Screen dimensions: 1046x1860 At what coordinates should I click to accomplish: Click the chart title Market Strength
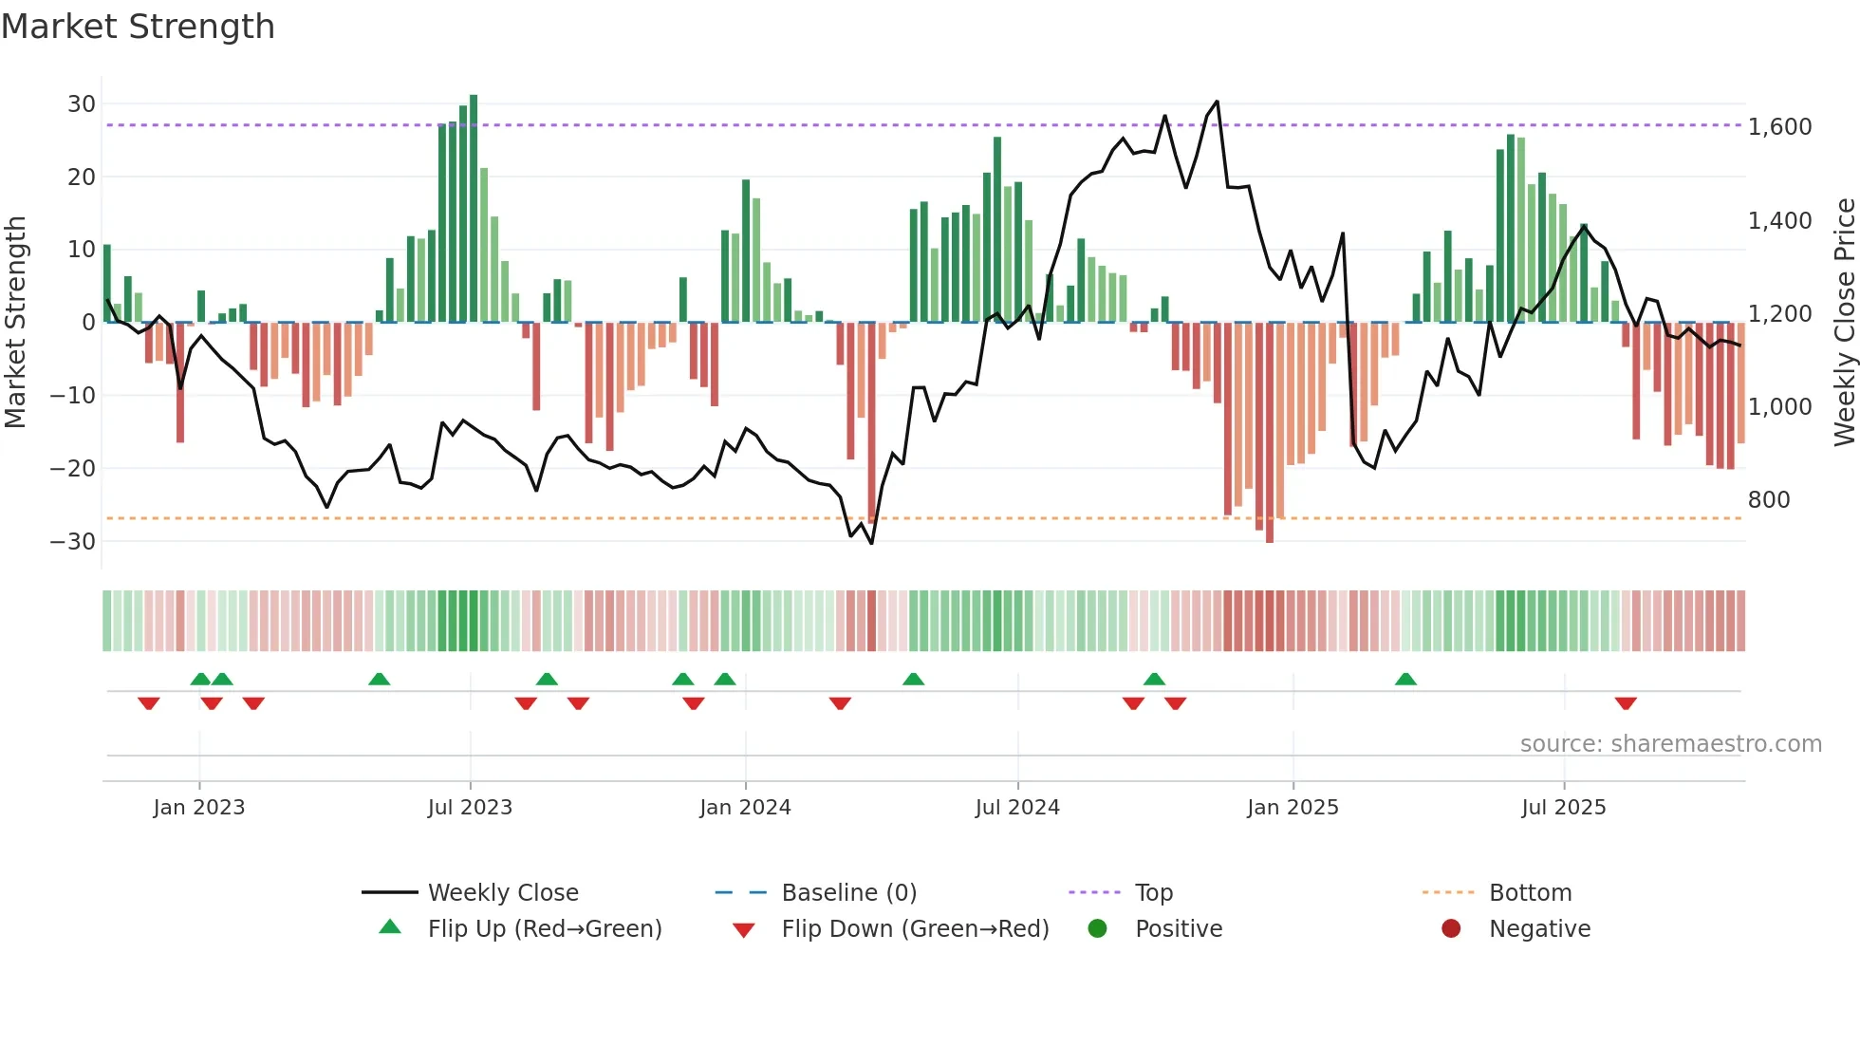(x=138, y=27)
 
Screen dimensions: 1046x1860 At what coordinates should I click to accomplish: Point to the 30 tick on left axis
(x=82, y=104)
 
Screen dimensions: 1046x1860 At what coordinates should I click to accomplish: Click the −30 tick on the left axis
(x=73, y=542)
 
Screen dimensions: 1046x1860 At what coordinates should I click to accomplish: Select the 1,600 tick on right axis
(x=1779, y=127)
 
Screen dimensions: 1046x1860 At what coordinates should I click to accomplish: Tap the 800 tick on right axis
(x=1769, y=500)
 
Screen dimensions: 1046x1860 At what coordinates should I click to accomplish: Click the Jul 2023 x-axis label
(x=470, y=808)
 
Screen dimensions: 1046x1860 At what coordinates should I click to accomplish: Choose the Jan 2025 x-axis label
(x=1293, y=808)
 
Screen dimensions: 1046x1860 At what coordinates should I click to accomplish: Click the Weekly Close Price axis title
(x=1844, y=323)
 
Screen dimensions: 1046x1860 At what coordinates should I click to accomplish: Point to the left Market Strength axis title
(x=15, y=323)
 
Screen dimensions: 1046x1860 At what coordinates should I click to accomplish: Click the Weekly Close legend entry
(x=502, y=893)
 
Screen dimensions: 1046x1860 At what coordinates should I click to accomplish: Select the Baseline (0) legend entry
(x=848, y=893)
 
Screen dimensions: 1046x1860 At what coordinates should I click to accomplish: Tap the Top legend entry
(x=1153, y=893)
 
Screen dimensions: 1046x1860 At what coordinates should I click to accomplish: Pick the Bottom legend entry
(x=1530, y=893)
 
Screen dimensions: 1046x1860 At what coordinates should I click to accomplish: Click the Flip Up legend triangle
(x=390, y=927)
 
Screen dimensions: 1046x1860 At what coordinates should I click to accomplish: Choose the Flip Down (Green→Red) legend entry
(x=915, y=929)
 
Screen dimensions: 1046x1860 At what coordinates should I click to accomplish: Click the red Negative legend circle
(x=1451, y=929)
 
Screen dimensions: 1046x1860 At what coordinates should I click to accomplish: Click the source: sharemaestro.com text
(x=1670, y=744)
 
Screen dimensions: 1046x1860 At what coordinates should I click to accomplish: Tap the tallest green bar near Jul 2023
(x=474, y=209)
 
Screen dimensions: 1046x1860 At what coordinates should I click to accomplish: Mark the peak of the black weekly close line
(x=1217, y=102)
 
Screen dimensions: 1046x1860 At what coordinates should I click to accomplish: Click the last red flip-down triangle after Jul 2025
(x=1626, y=703)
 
